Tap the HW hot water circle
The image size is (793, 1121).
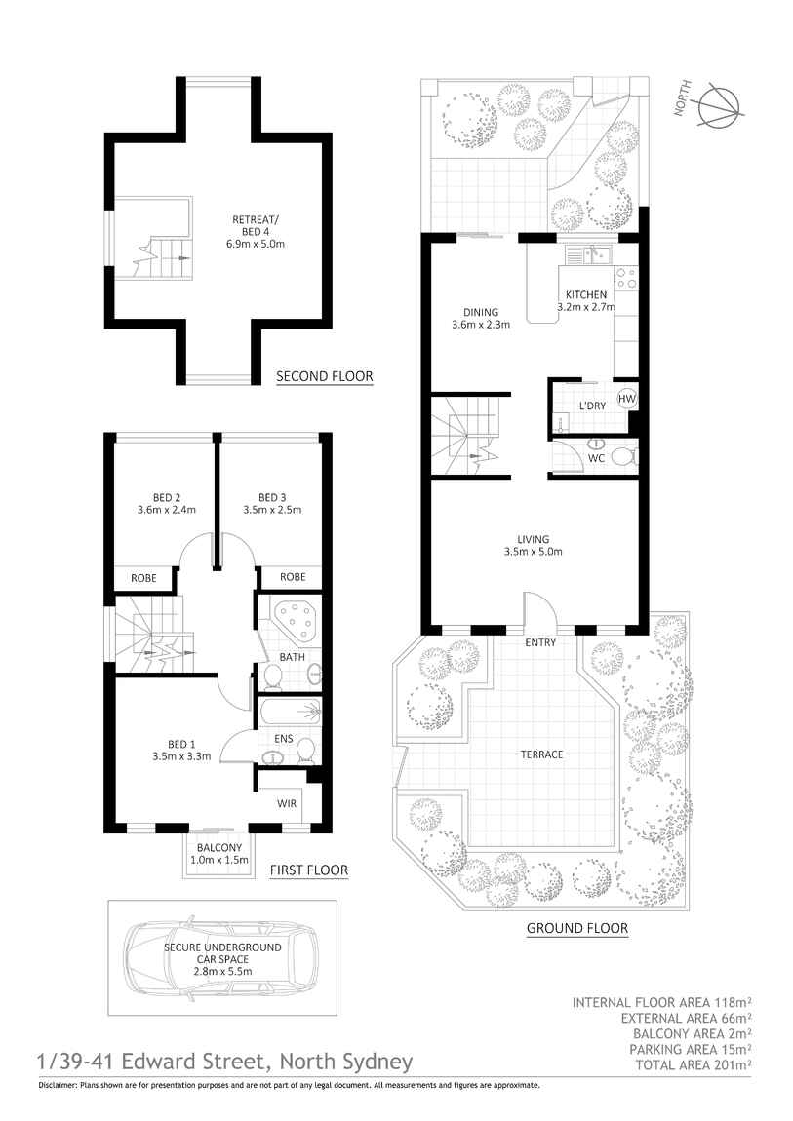[x=626, y=398]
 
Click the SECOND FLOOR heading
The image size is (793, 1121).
[x=324, y=376]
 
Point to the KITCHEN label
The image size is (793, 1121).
[x=585, y=294]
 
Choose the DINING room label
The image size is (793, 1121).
[x=480, y=313]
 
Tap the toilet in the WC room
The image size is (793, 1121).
[x=621, y=456]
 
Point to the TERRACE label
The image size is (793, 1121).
[x=541, y=754]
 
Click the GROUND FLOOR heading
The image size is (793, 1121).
[x=576, y=929]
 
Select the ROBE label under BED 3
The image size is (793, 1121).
[x=293, y=577]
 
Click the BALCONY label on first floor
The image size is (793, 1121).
[x=218, y=848]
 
